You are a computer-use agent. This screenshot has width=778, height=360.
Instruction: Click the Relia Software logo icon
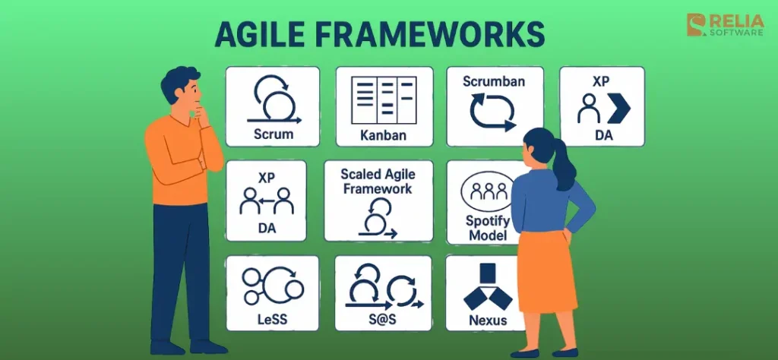(x=697, y=25)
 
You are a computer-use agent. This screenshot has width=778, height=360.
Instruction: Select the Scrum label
(x=274, y=134)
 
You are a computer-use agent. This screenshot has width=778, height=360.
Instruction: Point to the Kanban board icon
(x=384, y=100)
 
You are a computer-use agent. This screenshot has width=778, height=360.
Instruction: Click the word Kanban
(x=384, y=135)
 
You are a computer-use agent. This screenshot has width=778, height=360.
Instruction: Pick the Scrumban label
(x=494, y=81)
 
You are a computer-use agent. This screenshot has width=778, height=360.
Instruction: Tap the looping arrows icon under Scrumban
(x=493, y=112)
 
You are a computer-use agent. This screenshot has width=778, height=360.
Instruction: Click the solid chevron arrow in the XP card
(x=618, y=108)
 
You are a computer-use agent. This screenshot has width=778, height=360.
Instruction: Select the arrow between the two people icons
(x=267, y=201)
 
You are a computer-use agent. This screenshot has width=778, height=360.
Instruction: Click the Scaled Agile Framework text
(x=378, y=181)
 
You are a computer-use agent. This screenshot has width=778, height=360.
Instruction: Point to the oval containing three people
(x=489, y=192)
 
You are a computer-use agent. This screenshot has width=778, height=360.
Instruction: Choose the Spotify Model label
(x=487, y=228)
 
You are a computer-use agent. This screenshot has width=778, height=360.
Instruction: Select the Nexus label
(x=489, y=320)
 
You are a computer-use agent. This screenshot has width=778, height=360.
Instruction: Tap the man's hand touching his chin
(x=204, y=113)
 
